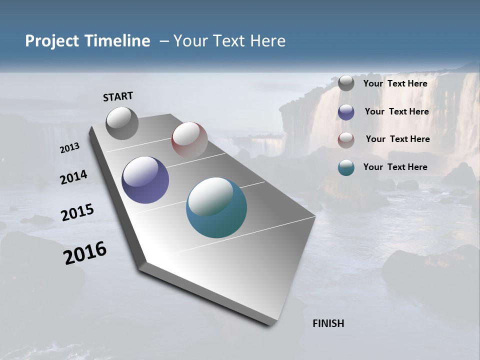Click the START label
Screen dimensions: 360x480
[x=118, y=96]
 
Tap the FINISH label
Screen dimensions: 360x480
[x=328, y=323]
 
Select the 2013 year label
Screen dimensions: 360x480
[x=69, y=147]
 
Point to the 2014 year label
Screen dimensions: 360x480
[x=73, y=177]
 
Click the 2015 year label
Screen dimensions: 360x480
[x=77, y=212]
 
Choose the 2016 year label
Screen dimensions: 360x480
[x=85, y=252]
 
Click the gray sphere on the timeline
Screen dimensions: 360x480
[x=122, y=123]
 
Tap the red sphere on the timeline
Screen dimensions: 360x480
[x=189, y=139]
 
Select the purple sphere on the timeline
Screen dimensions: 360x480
[x=145, y=180]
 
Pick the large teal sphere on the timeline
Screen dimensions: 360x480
[x=216, y=207]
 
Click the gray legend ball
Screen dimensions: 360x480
[x=346, y=83]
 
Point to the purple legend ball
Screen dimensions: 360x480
[x=346, y=112]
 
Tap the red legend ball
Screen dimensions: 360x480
[x=346, y=140]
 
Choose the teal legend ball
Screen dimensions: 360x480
[x=346, y=167]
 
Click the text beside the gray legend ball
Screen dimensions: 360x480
[x=395, y=83]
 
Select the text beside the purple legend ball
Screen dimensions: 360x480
[x=396, y=111]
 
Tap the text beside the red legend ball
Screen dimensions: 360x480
[x=397, y=139]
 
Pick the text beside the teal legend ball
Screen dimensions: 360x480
[x=395, y=167]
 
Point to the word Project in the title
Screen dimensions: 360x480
[x=52, y=41]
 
